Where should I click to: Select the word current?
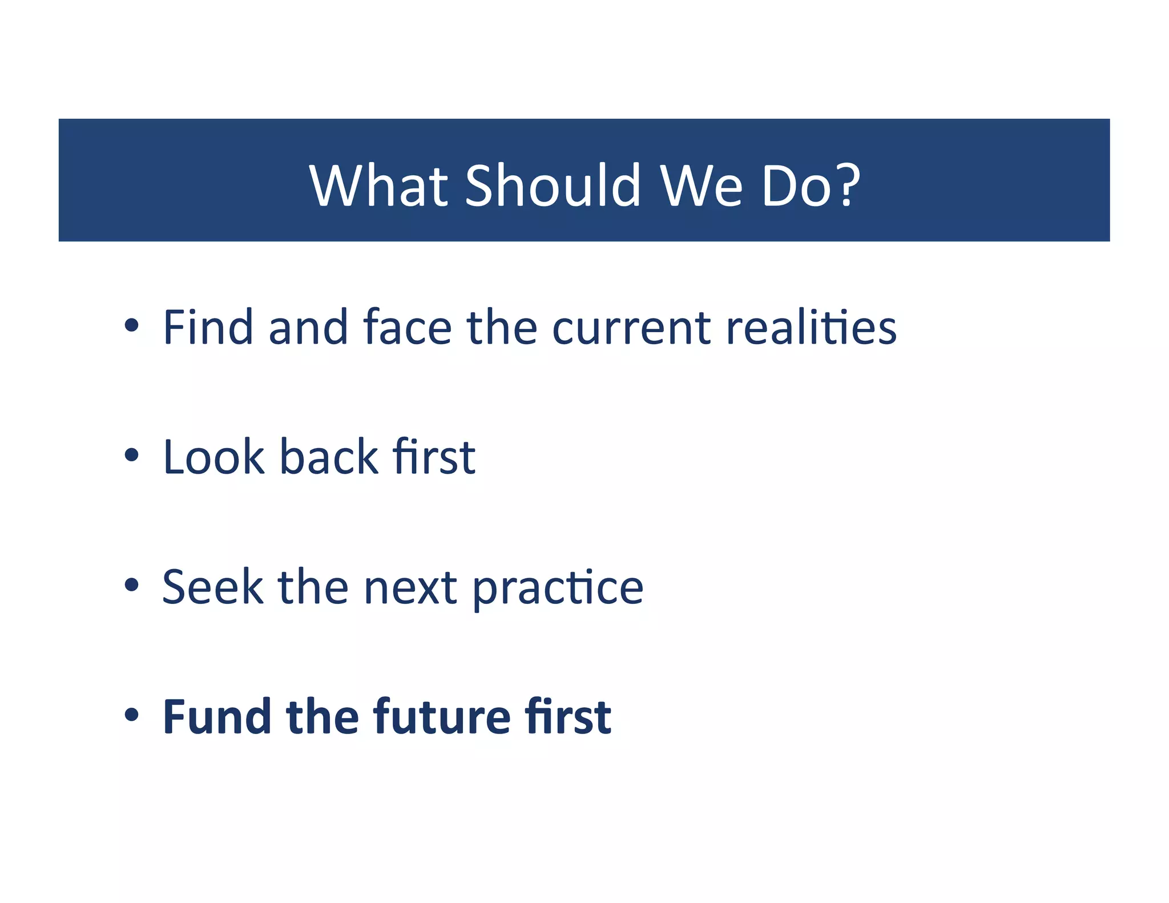click(631, 328)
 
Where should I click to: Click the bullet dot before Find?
click(132, 326)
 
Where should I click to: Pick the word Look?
click(213, 457)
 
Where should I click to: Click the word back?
click(329, 457)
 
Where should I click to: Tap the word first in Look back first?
click(434, 457)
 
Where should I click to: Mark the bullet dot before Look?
click(132, 455)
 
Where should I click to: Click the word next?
click(410, 588)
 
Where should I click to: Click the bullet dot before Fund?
click(132, 715)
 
